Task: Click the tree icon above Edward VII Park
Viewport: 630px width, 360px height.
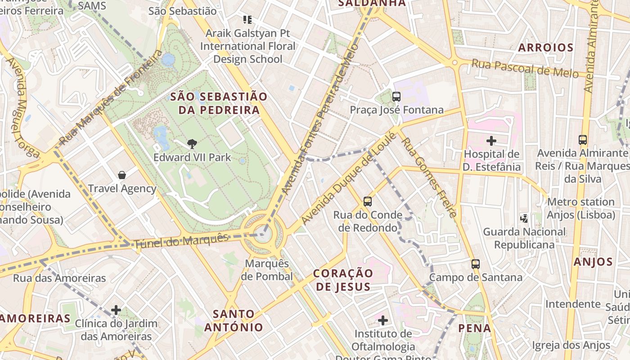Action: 192,144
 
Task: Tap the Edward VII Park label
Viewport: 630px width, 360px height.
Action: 192,157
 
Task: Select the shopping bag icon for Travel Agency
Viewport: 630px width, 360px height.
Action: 121,175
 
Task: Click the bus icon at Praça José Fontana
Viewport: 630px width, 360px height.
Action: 396,96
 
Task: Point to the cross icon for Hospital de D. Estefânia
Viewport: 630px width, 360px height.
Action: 491,141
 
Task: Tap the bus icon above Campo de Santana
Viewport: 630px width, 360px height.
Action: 476,264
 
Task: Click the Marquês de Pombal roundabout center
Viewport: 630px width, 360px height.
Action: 263,234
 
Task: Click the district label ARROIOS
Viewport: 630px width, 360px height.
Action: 545,48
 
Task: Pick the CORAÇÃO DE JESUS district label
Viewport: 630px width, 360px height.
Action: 343,280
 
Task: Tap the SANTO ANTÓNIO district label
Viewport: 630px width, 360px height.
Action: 234,320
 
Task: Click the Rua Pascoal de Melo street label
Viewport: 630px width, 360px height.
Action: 525,68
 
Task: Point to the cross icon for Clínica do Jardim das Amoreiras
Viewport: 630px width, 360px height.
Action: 116,310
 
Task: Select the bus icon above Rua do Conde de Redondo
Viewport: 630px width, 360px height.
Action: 368,201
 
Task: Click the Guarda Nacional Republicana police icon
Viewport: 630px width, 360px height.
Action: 524,218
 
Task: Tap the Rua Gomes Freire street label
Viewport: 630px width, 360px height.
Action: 429,177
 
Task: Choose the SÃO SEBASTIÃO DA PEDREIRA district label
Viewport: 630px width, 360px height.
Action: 219,103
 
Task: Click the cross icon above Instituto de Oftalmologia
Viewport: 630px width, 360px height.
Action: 383,320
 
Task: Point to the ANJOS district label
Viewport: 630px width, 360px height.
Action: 593,262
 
